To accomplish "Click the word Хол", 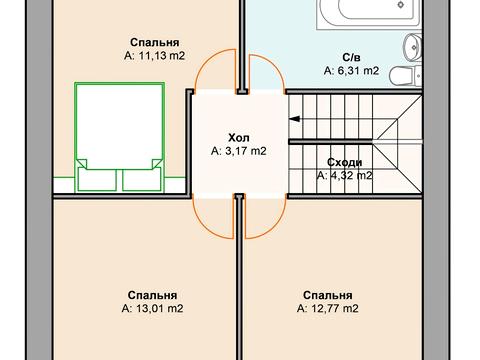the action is click(x=238, y=138).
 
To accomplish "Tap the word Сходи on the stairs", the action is click(x=344, y=162).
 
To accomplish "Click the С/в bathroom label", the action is click(x=350, y=57).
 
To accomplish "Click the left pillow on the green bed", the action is click(x=99, y=178).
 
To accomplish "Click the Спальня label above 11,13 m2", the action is click(x=154, y=44).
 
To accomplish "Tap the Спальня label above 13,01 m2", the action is click(x=153, y=296).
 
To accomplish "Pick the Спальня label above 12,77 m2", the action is click(x=328, y=296).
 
